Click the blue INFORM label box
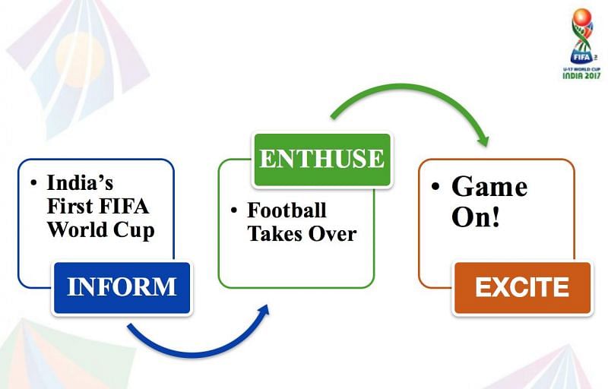click(122, 287)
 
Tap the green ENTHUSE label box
click(321, 160)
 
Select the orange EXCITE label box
click(521, 288)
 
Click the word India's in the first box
click(80, 183)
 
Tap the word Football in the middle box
click(287, 210)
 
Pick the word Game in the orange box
click(489, 187)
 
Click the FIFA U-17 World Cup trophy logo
click(581, 38)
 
